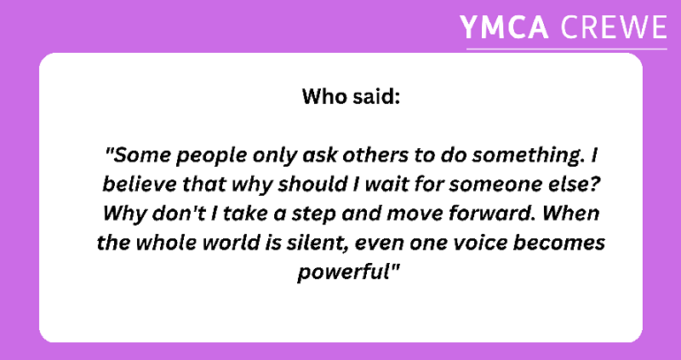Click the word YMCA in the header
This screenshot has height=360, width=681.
pos(504,27)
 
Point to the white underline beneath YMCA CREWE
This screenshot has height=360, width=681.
pos(567,49)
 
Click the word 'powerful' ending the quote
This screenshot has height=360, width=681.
pos(345,274)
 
